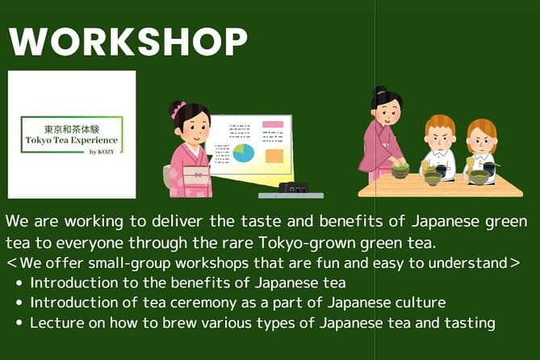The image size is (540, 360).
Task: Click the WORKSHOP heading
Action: (128, 41)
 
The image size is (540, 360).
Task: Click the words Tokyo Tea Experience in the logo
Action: (70, 140)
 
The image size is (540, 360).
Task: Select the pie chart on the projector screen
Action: (243, 153)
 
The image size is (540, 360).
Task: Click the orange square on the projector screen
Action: (274, 155)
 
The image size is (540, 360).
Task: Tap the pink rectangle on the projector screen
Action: (273, 125)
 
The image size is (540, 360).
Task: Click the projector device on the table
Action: (292, 188)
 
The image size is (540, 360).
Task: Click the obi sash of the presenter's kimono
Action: (195, 170)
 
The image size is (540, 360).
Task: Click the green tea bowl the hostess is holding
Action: (400, 170)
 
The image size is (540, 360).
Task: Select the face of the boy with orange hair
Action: (440, 136)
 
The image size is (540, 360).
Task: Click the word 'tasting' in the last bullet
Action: (471, 323)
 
